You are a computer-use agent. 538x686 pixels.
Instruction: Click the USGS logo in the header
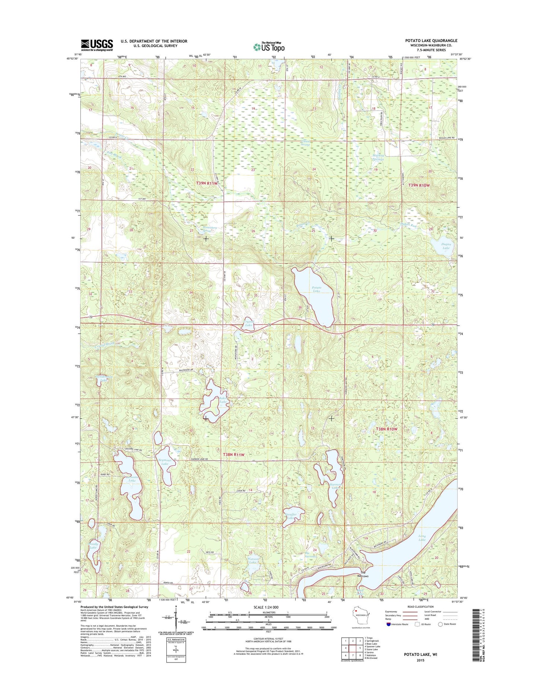[97, 45]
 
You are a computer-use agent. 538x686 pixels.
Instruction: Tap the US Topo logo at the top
[269, 47]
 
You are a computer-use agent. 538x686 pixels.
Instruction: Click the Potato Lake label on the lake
[316, 289]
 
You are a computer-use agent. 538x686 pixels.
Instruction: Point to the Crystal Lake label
[248, 323]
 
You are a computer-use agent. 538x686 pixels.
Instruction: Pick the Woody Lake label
[93, 546]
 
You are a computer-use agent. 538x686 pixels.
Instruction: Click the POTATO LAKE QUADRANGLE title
[431, 41]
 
